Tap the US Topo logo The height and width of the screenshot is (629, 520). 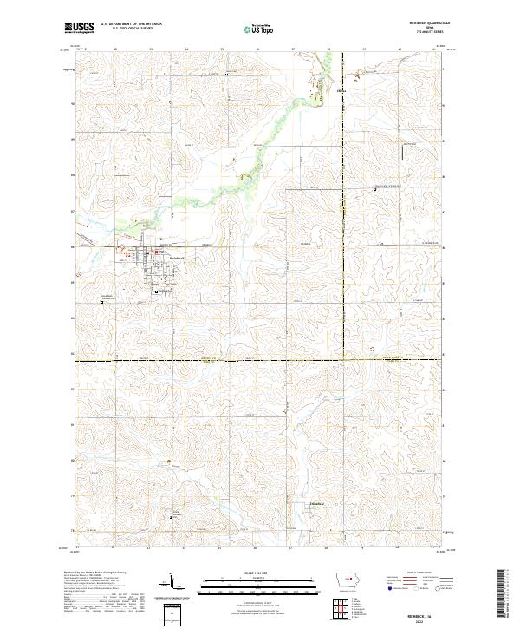point(256,28)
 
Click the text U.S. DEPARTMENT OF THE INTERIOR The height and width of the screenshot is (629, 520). point(131,24)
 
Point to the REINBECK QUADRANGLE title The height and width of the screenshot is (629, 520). point(426,24)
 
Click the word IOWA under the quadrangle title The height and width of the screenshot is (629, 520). point(426,29)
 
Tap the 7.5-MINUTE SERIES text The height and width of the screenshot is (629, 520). point(426,33)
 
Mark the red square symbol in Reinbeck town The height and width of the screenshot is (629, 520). point(156,252)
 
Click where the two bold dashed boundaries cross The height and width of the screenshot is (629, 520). point(343,358)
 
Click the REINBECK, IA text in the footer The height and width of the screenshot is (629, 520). point(426,611)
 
